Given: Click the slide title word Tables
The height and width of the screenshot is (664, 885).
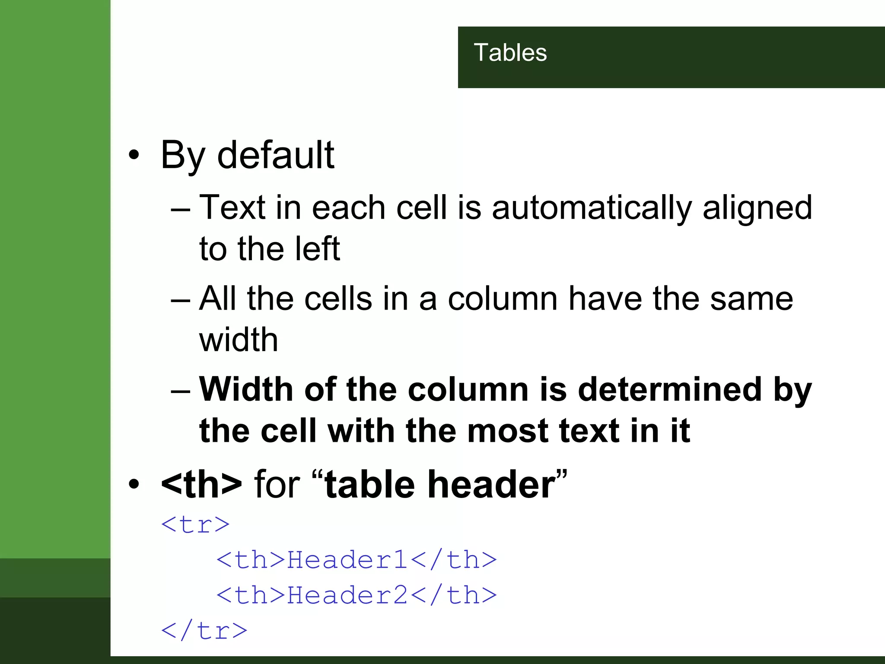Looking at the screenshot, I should (x=510, y=53).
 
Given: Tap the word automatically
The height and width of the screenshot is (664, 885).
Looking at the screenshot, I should (x=592, y=207).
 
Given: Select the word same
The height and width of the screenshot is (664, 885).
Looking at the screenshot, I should (x=751, y=298).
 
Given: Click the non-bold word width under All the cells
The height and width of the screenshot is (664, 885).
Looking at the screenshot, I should (x=238, y=340).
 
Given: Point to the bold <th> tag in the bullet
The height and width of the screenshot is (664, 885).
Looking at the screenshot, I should (x=201, y=484).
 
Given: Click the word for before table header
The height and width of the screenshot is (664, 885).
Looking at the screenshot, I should (x=277, y=484).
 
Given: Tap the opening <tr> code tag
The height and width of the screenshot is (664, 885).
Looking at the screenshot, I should (x=195, y=524).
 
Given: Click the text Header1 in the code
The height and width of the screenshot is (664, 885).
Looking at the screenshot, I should (x=347, y=560).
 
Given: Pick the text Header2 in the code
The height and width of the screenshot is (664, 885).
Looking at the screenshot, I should (x=347, y=595).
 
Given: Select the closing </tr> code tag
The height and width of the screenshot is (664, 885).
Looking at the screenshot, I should (x=204, y=631).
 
